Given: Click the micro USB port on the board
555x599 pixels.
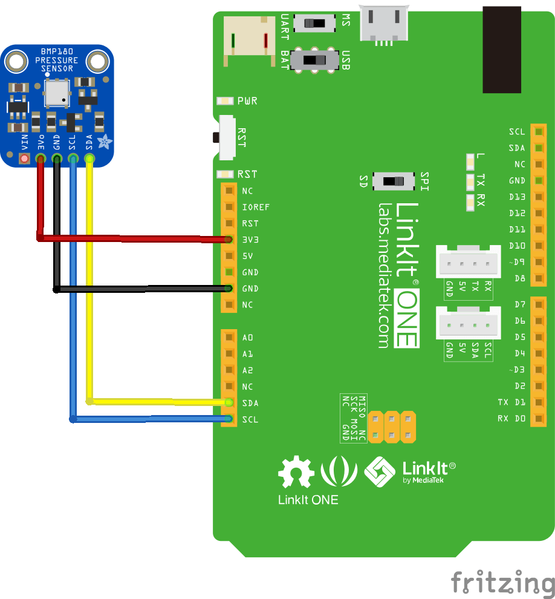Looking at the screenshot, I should (x=383, y=24).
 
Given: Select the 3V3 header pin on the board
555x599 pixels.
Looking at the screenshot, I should (x=229, y=240).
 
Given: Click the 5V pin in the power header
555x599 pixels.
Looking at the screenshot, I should (x=229, y=256).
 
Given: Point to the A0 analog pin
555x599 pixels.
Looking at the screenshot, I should (x=229, y=338).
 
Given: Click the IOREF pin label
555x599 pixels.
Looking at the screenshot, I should (x=256, y=207).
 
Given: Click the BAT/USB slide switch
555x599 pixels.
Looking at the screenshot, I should (x=314, y=61).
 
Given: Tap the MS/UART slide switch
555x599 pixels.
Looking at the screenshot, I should (x=314, y=24).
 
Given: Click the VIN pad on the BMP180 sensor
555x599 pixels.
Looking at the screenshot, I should (x=24, y=159).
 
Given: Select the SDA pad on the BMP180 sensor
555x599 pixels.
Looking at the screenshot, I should (x=89, y=159).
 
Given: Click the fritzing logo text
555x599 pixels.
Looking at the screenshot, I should (x=502, y=583).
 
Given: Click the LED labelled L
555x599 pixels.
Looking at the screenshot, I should (x=471, y=162).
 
